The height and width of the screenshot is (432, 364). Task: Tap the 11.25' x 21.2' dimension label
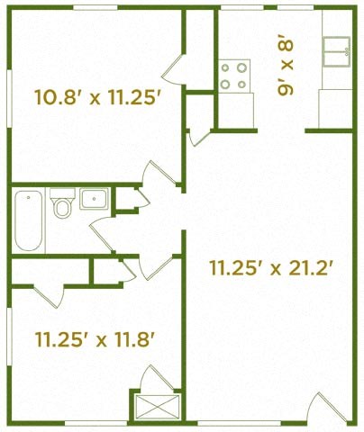(x=271, y=267)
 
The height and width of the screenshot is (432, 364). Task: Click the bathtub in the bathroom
(x=29, y=220)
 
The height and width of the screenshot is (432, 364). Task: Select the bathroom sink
(x=94, y=199)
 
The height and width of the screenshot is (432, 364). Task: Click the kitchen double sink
(x=337, y=51)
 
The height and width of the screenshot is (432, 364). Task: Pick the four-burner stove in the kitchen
(x=234, y=76)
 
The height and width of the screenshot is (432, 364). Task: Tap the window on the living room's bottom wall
(x=240, y=423)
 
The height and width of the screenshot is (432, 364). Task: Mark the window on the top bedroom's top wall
(x=96, y=7)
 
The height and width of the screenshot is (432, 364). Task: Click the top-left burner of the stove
(x=225, y=68)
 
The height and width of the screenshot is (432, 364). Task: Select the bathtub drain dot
(x=29, y=197)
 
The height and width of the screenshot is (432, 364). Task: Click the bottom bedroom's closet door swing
(x=49, y=296)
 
